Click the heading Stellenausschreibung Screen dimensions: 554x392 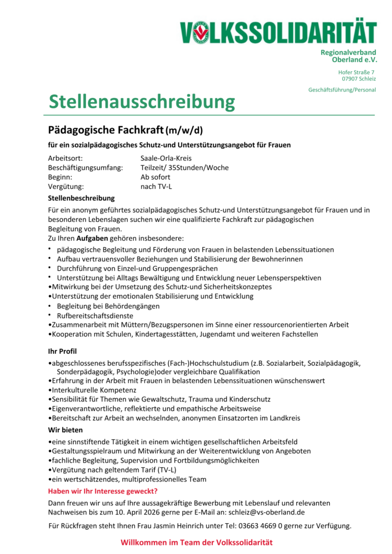coord(142,101)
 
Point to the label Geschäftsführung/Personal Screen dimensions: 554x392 coord(342,90)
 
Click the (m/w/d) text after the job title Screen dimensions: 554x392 coord(185,131)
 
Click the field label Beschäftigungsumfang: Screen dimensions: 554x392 coord(86,168)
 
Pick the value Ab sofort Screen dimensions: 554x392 coord(155,177)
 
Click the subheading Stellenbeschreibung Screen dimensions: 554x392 coord(81,199)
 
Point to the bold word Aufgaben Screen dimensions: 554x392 coord(92,238)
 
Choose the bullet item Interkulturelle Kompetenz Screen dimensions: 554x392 coord(94,390)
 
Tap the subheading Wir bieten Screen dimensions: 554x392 coord(66,430)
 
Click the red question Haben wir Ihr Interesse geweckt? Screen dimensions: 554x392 coord(103,491)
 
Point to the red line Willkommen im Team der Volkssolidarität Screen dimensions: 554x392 coord(196,542)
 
